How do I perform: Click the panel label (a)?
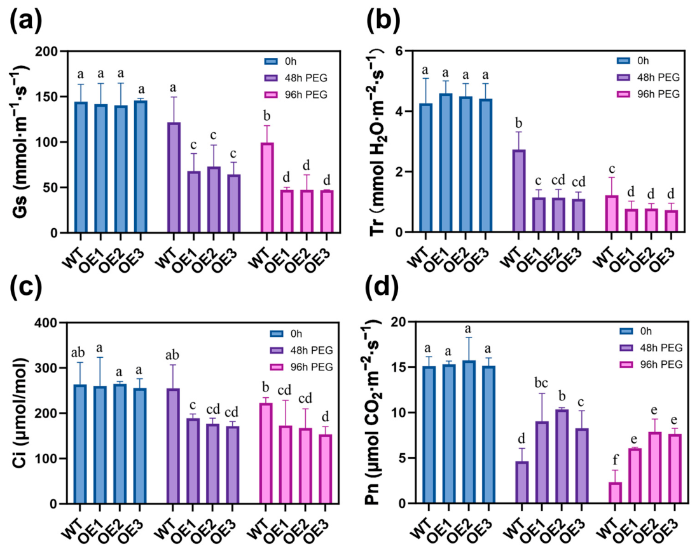(26, 20)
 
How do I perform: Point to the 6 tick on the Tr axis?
(399, 51)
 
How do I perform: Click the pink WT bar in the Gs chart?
(267, 187)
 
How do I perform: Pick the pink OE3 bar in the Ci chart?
(326, 469)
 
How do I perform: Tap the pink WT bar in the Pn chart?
(615, 493)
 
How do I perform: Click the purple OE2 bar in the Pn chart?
(562, 457)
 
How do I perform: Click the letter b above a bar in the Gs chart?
(266, 116)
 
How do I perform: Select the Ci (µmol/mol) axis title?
(20, 412)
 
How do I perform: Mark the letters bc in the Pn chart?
(541, 382)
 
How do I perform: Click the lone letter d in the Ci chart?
(326, 417)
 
